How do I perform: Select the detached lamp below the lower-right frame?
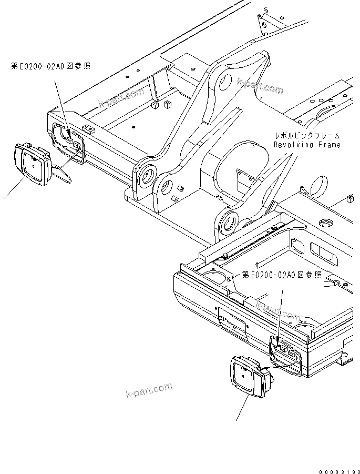pos(249,376)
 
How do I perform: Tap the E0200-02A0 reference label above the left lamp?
pos(50,66)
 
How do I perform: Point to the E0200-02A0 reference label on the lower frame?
pos(281,275)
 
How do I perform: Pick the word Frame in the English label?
pos(329,145)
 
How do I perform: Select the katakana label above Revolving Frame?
pos(306,135)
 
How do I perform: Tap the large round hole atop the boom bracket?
pos(223,82)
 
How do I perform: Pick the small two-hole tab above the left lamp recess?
pos(88,128)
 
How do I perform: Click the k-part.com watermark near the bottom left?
pos(149,391)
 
